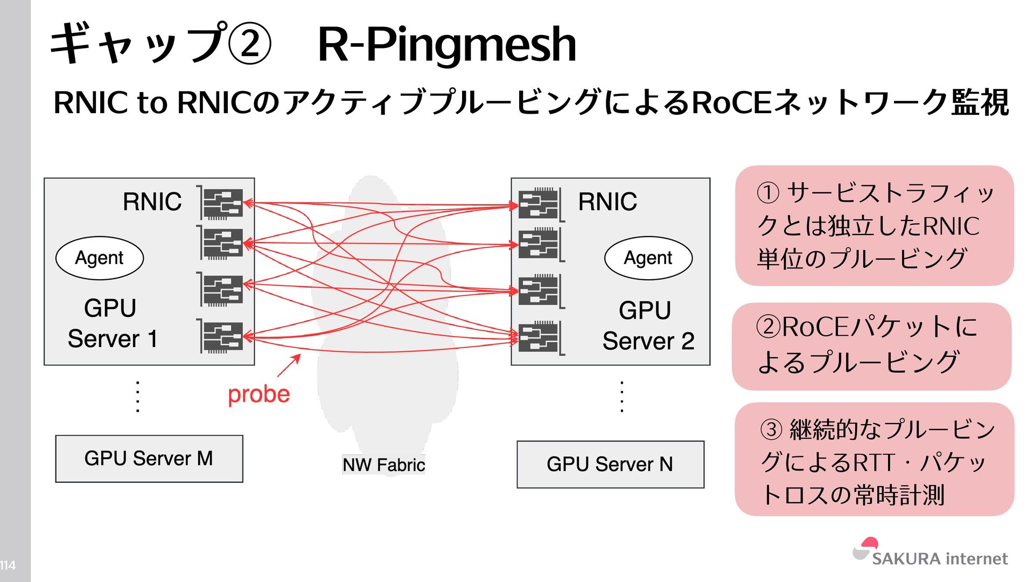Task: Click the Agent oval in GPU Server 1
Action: click(x=100, y=258)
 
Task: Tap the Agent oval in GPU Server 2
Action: click(x=648, y=258)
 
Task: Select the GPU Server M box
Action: click(x=149, y=459)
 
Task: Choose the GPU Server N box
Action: click(x=610, y=465)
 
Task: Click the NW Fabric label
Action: click(x=383, y=465)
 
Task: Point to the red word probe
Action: click(x=258, y=394)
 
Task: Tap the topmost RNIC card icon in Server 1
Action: click(x=222, y=203)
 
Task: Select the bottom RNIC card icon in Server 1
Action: click(x=222, y=337)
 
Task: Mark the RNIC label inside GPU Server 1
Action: click(x=152, y=202)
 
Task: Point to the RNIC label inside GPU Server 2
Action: click(x=607, y=202)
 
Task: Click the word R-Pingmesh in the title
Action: click(x=447, y=44)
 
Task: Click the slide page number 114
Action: click(x=8, y=565)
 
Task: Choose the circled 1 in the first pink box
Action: click(x=768, y=193)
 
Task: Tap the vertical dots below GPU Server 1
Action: click(x=138, y=397)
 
